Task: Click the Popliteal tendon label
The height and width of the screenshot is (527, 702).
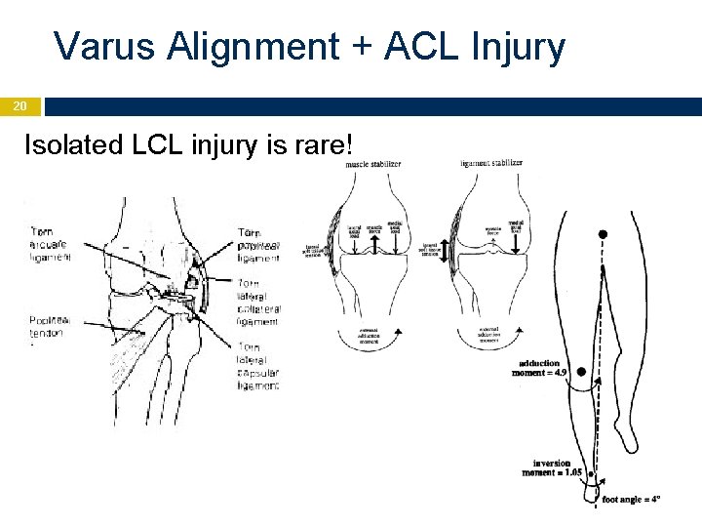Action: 47,326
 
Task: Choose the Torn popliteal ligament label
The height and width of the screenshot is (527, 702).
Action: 258,245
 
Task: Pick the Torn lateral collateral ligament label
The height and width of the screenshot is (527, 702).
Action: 258,302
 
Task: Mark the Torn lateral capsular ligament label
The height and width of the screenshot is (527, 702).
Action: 258,365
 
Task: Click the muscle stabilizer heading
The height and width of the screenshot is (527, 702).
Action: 374,164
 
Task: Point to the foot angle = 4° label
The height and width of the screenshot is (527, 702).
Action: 631,499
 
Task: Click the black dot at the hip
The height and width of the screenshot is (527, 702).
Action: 604,234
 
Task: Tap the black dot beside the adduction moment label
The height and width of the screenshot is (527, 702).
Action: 582,371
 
